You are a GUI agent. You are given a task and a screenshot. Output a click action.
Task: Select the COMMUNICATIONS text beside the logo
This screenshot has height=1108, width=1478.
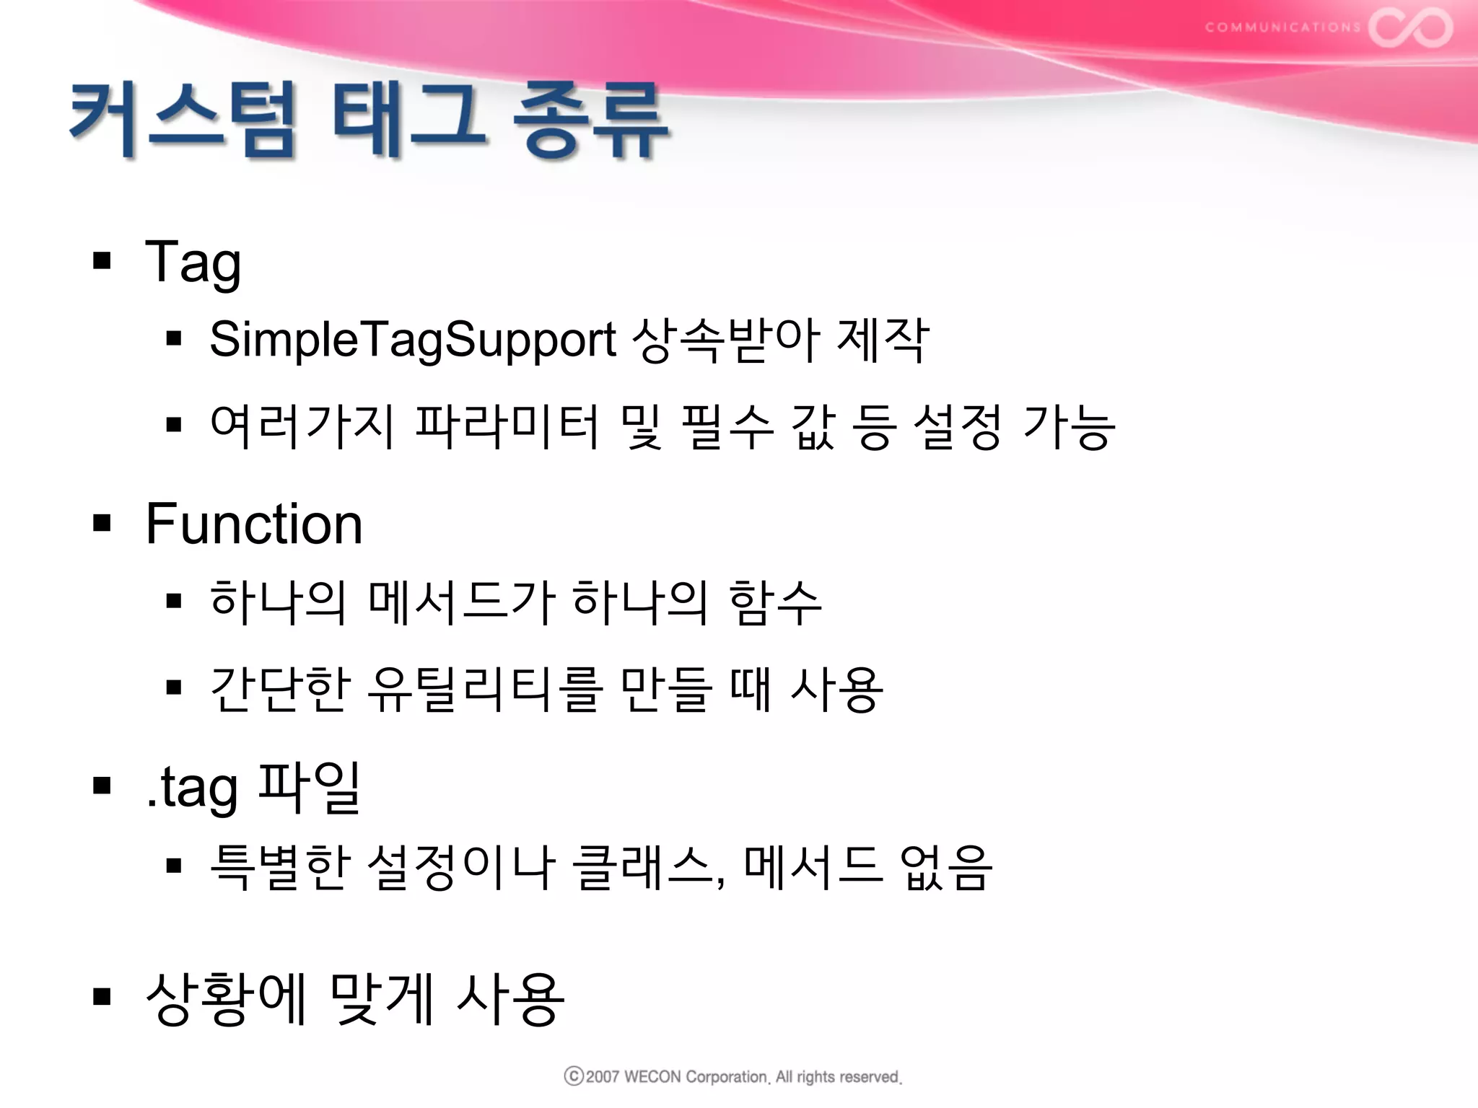pyautogui.click(x=1282, y=27)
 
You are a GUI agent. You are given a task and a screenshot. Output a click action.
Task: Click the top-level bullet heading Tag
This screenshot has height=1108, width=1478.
pyautogui.click(x=193, y=263)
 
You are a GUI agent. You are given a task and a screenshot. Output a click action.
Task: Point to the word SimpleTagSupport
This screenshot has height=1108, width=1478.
pyautogui.click(x=413, y=340)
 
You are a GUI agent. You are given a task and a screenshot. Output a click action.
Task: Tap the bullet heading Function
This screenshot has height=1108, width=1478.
pyautogui.click(x=254, y=524)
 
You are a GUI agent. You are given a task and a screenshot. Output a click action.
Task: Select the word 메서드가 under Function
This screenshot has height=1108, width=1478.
pyautogui.click(x=462, y=602)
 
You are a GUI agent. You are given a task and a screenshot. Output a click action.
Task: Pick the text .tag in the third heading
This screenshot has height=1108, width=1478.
pyautogui.click(x=192, y=788)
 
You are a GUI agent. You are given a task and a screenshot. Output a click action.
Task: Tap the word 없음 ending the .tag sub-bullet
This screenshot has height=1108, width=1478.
pyautogui.click(x=946, y=866)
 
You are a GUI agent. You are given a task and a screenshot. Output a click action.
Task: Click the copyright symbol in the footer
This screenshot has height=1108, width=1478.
pyautogui.click(x=573, y=1076)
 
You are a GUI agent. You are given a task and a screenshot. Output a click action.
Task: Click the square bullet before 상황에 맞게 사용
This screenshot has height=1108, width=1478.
pyautogui.click(x=102, y=997)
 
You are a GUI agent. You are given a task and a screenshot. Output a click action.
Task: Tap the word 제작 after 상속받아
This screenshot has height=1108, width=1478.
pyautogui.click(x=882, y=340)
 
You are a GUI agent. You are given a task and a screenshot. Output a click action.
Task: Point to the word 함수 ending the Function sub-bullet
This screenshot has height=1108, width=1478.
pyautogui.click(x=775, y=602)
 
